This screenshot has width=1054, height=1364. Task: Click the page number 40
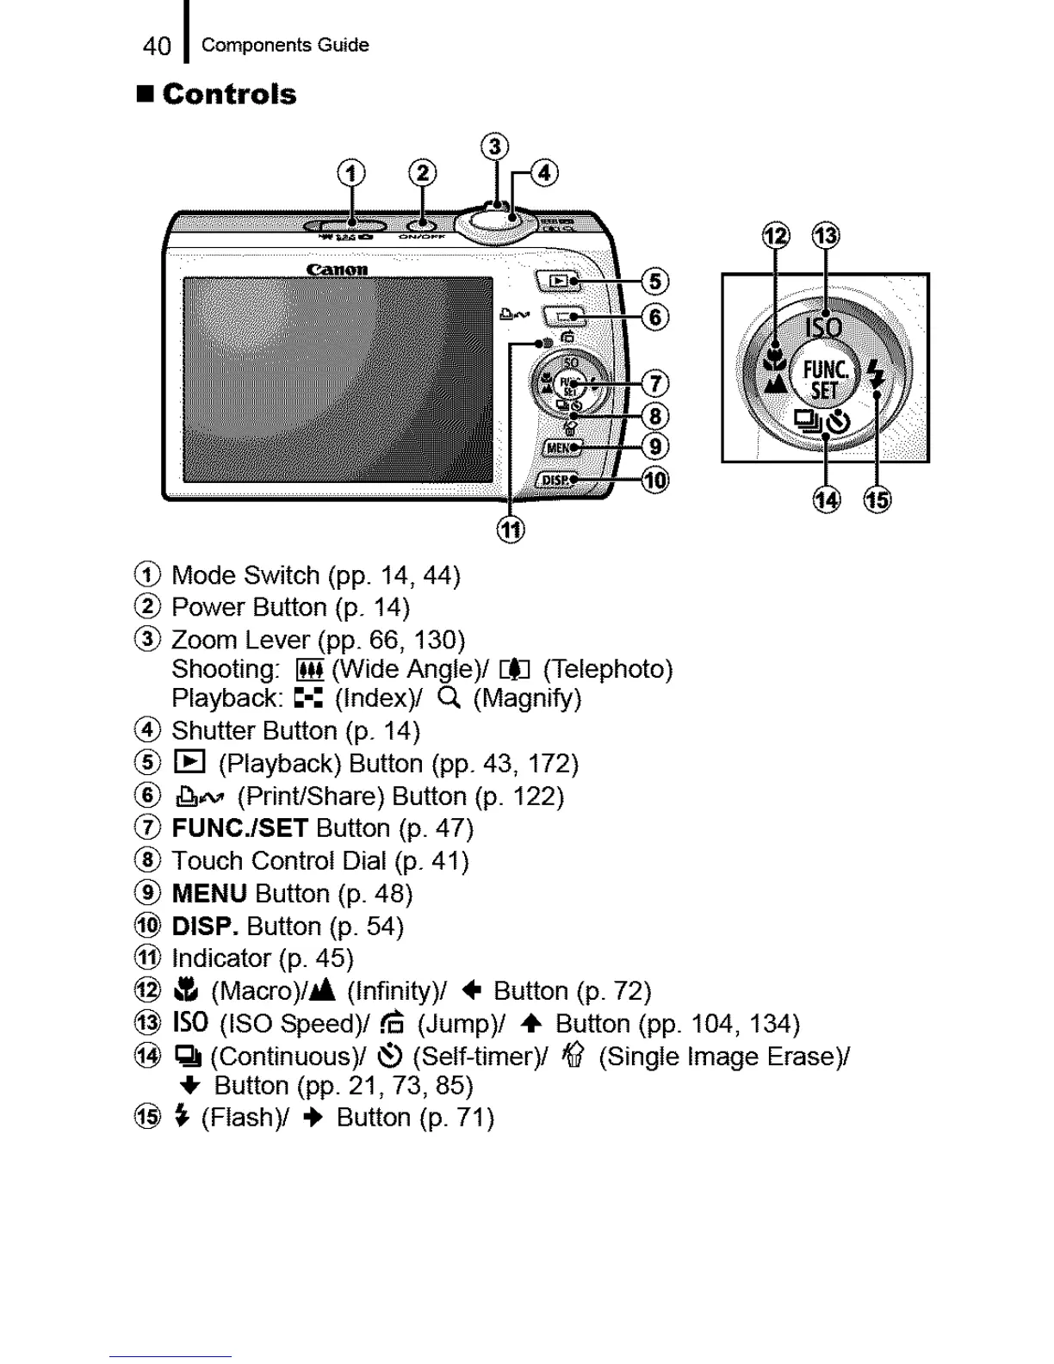(157, 46)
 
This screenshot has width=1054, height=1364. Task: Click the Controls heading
(229, 94)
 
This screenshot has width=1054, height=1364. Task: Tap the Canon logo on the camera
(337, 270)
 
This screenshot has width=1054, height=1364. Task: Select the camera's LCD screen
(338, 380)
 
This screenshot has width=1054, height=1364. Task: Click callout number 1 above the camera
(350, 174)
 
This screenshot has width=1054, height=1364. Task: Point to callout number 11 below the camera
(511, 529)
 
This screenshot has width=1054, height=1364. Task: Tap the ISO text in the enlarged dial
(824, 327)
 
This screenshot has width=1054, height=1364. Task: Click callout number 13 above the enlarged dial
(826, 235)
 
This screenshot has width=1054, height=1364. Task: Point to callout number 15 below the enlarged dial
(877, 499)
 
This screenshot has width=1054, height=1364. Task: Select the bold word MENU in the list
(209, 894)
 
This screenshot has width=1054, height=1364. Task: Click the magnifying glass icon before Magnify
(448, 697)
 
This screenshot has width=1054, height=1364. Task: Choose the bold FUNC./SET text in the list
(239, 828)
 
